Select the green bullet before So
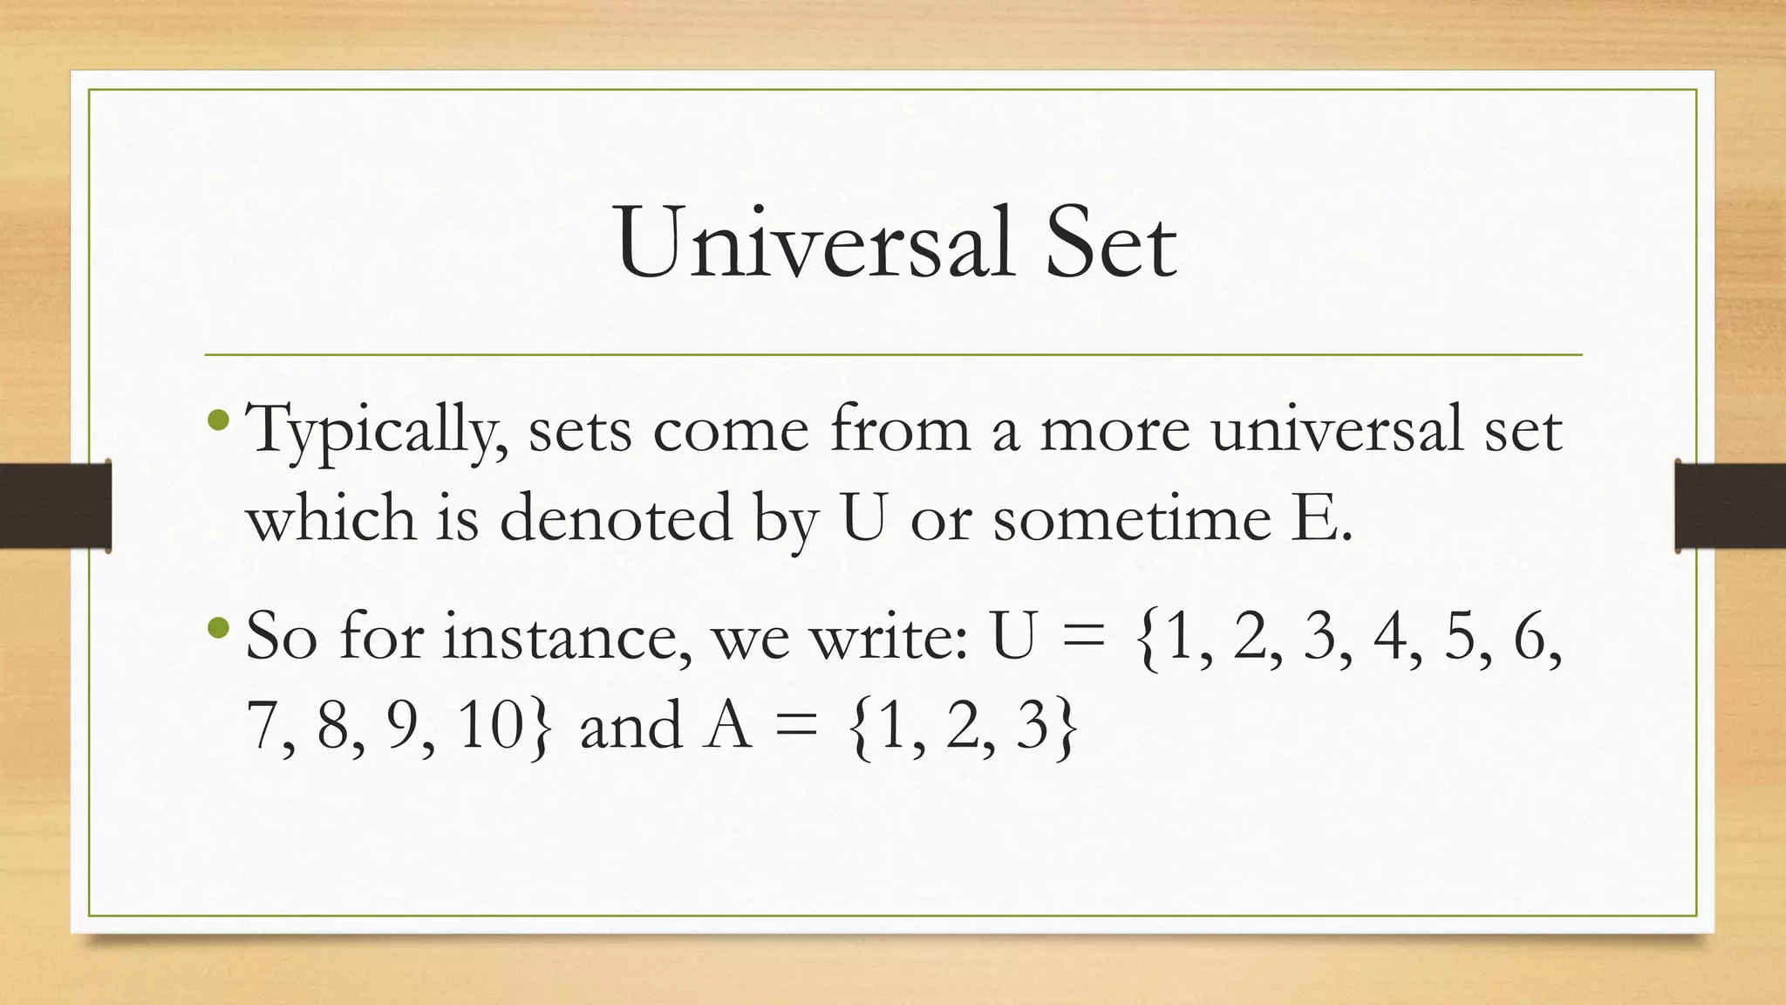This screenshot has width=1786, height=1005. [220, 627]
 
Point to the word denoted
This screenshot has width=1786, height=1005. [616, 516]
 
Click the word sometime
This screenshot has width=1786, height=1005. [1131, 516]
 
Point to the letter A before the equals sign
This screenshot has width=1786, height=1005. [727, 725]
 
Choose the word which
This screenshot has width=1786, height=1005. [331, 516]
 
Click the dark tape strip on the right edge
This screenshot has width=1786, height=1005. [1730, 506]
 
